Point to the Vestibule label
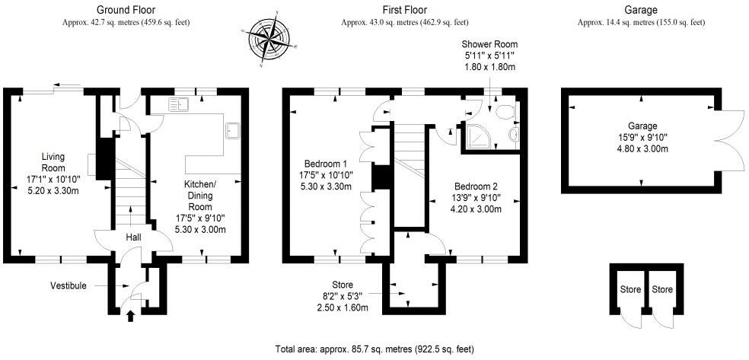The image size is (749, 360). [x=69, y=285]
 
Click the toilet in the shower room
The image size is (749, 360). [x=503, y=113]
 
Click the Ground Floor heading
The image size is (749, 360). [x=126, y=10]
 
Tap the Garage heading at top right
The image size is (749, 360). [x=640, y=10]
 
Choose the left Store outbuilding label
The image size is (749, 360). [x=629, y=289]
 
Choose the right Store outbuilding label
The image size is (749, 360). [x=662, y=289]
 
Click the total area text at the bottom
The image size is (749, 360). [x=374, y=349]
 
